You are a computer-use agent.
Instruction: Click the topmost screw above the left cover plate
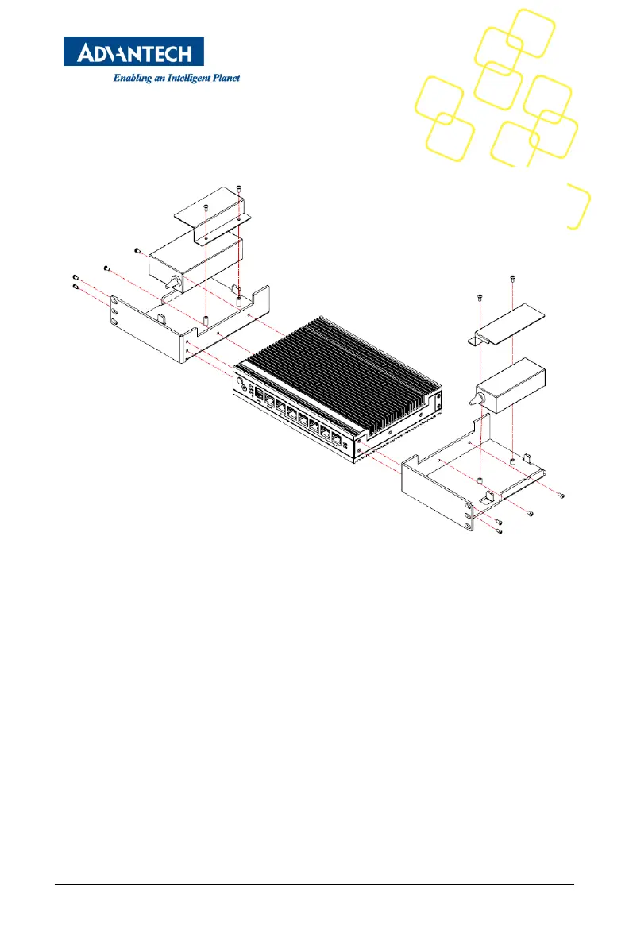[x=239, y=187]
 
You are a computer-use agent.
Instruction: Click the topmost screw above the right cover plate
[x=511, y=277]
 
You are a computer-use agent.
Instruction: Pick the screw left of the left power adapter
[x=137, y=250]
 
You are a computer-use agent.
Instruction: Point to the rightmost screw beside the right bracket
[x=562, y=495]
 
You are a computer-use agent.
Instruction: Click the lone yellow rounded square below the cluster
[x=578, y=206]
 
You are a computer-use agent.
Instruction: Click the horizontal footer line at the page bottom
[x=314, y=885]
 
